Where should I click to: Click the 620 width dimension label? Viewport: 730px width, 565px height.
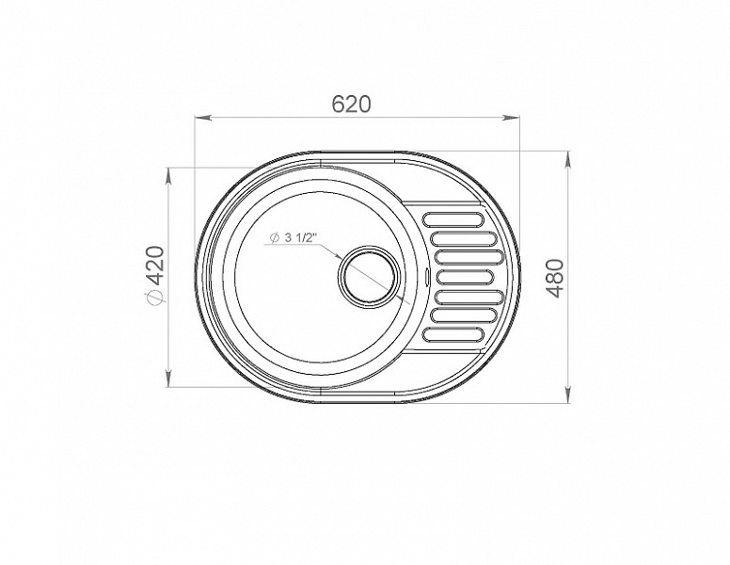352,104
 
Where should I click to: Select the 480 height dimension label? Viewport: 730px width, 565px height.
555,279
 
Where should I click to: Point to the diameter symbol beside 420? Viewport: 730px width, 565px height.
154,298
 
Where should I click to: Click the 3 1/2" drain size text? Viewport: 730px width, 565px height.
298,237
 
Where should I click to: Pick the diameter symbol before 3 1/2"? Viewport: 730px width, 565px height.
274,238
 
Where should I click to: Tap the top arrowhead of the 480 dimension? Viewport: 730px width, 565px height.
568,161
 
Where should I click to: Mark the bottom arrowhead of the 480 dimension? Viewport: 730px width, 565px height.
568,394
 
